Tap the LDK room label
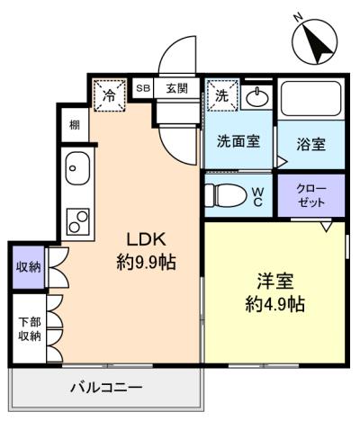144,241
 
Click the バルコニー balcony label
106,389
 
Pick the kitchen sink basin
76,168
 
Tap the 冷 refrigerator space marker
109,93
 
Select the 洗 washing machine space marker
220,93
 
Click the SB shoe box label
142,88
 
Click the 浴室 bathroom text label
311,144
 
